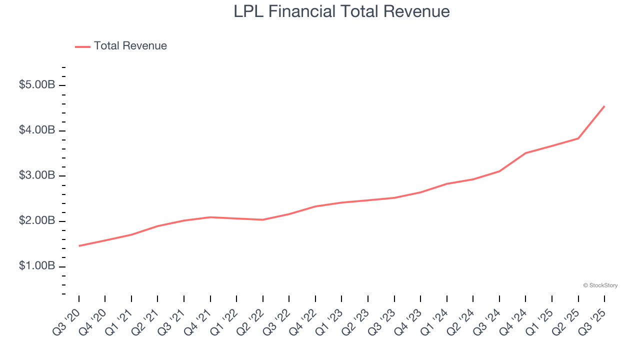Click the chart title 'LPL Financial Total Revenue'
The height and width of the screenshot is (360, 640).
[x=341, y=11]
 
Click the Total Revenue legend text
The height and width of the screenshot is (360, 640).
[x=130, y=46]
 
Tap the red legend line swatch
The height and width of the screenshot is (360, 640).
[x=82, y=46]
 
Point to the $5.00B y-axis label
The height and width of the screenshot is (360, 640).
[x=36, y=85]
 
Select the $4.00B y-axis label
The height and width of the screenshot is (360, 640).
[x=36, y=130]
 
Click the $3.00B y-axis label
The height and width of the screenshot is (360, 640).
[x=36, y=176]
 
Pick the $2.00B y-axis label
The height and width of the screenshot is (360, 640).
[x=36, y=221]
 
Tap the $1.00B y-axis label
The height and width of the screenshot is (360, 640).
[x=36, y=266]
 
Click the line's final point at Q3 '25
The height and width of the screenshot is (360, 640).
[x=604, y=106]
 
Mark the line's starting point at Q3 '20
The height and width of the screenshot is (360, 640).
[x=79, y=246]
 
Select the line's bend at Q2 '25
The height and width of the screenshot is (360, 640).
[x=578, y=138]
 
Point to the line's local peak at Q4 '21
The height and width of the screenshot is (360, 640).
[x=210, y=217]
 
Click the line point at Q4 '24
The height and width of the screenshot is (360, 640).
[x=526, y=153]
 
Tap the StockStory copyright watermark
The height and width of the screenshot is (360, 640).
[x=600, y=285]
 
